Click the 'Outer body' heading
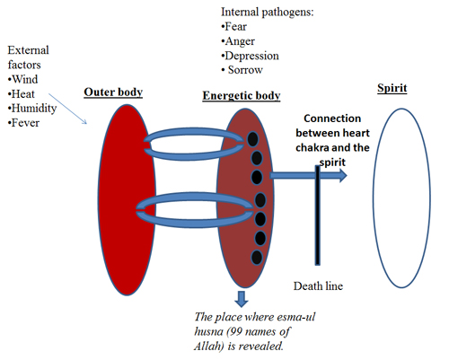pos(113,92)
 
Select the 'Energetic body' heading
pos(242,96)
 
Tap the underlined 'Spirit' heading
pos(392,88)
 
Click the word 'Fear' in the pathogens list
pos(236,27)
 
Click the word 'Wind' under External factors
pos(25,80)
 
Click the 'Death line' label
pos(318,286)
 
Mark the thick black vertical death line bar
pos(318,215)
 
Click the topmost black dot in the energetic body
pos(253,139)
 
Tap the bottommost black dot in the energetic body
pos(257,258)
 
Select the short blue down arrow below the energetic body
pos(242,299)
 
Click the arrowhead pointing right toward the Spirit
pos(343,175)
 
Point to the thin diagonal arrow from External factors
pos(67,109)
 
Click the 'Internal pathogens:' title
pos(268,13)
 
